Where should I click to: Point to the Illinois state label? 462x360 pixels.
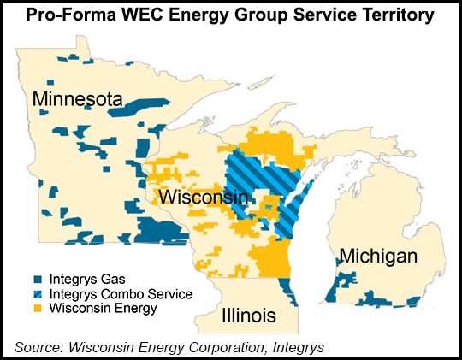[248, 316]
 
